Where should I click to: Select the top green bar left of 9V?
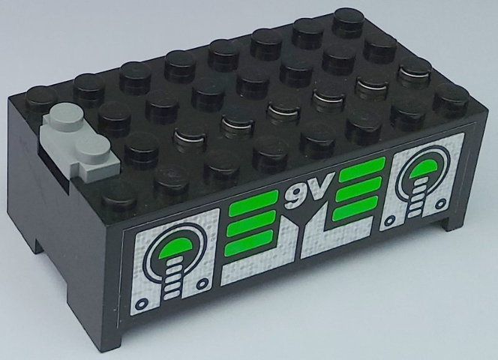tap(253, 203)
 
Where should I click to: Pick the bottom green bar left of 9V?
tap(249, 243)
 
